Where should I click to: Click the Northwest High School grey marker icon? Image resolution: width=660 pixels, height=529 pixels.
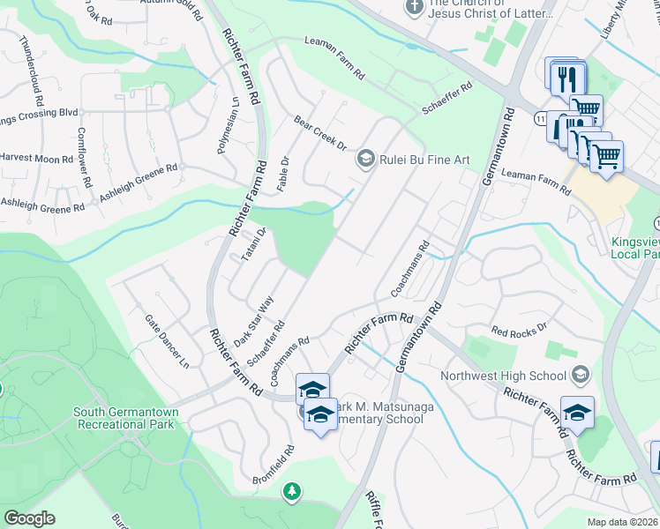(580, 375)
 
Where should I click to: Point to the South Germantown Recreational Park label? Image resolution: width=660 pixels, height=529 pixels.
(126, 418)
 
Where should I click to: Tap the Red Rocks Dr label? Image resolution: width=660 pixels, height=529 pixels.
(520, 330)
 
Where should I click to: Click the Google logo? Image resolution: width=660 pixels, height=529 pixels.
(29, 518)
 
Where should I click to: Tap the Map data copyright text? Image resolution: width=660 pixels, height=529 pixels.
(623, 522)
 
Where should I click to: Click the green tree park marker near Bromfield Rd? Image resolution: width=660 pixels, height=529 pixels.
(291, 490)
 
